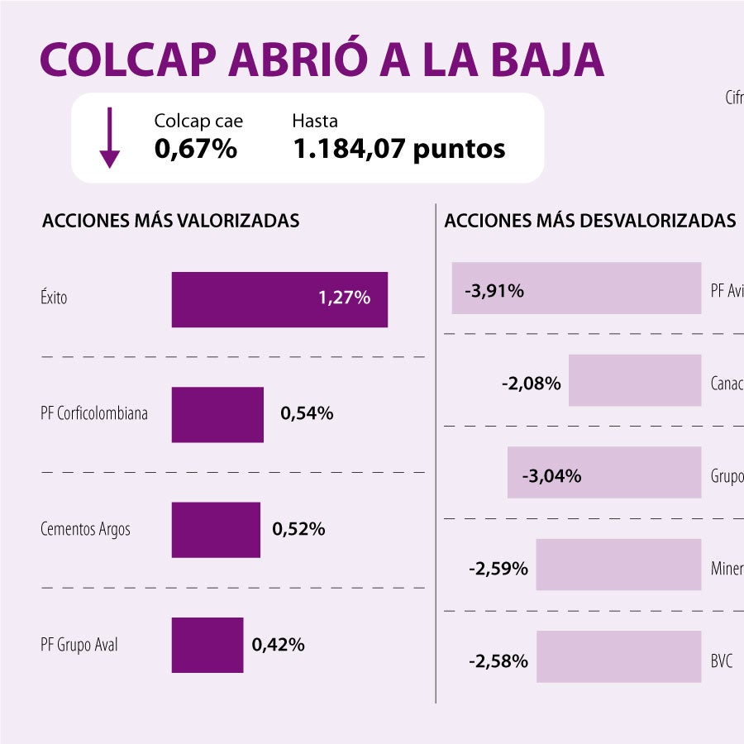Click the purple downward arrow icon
(109, 138)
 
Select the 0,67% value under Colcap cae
(196, 149)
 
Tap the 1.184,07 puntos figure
(398, 149)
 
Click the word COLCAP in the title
(129, 59)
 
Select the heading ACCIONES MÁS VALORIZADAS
(170, 221)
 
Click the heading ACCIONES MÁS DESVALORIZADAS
(589, 221)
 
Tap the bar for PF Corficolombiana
(217, 414)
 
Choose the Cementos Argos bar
(216, 530)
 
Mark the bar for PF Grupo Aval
(207, 645)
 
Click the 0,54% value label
(307, 414)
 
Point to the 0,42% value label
(279, 645)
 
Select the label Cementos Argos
(85, 530)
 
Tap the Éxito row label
(54, 298)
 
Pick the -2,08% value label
(531, 384)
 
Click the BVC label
(721, 661)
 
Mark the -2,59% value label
(498, 569)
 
